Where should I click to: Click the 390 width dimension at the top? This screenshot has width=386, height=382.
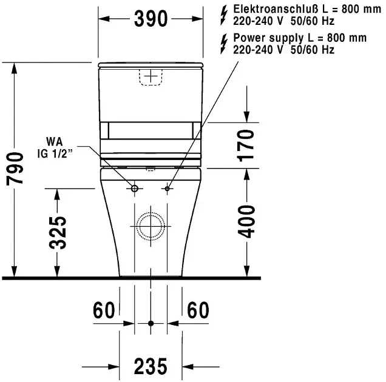(x=151, y=19)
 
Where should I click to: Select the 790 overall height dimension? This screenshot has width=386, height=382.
(x=15, y=168)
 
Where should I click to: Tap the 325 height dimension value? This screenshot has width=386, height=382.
(x=58, y=233)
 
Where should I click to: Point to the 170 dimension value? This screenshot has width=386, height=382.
(x=245, y=146)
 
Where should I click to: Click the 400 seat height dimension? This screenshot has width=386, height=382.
(x=247, y=222)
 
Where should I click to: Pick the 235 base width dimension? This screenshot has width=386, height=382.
(x=151, y=366)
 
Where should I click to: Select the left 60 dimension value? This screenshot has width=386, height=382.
(x=104, y=310)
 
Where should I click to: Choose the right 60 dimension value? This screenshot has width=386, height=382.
(x=198, y=310)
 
